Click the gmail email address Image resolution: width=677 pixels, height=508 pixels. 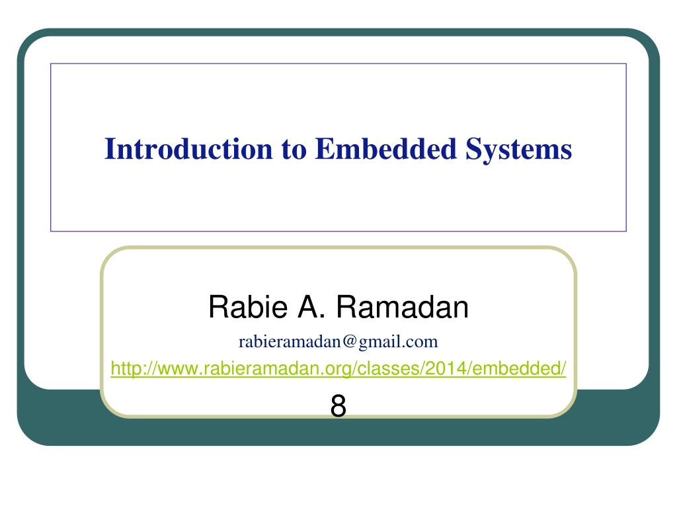pos(338,342)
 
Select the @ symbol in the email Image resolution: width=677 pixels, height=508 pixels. pos(350,342)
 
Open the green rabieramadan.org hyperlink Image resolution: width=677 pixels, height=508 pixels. pos(338,368)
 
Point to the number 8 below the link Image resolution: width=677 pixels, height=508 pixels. pos(338,405)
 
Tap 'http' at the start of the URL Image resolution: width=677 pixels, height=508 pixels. pos(122,368)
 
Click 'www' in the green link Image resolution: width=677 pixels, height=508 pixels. pos(170,368)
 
